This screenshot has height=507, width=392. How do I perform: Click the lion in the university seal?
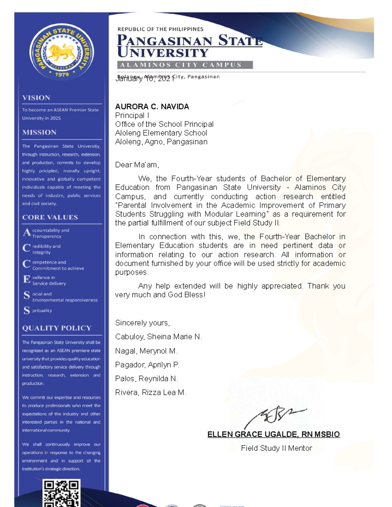point(61,52)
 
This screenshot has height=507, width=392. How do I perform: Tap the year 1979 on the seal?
point(62,74)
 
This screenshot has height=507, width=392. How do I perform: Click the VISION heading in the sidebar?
point(36,98)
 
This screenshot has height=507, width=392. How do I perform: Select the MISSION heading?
point(39,132)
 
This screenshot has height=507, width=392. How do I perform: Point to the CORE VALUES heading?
point(50,217)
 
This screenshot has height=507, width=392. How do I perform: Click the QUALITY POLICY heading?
point(57,328)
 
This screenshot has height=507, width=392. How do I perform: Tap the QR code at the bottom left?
point(61,493)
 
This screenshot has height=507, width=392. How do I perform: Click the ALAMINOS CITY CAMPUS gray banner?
point(185,65)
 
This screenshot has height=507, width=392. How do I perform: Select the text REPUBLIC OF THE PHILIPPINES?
point(160,29)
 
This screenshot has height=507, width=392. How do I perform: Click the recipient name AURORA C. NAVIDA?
point(152,107)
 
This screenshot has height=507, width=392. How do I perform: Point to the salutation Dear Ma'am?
point(137,165)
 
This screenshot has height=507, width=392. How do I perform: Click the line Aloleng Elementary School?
point(161,133)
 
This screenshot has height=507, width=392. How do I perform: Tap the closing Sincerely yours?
point(142,323)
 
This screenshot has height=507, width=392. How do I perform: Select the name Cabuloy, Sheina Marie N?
point(158,337)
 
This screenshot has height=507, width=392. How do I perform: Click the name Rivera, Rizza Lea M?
point(151,392)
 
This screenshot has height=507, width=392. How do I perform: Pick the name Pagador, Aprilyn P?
point(147,365)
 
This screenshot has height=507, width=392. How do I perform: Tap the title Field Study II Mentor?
point(276,448)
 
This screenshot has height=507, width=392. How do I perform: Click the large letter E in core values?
point(27,279)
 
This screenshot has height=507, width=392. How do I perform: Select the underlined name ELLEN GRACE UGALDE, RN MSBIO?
point(273,435)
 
